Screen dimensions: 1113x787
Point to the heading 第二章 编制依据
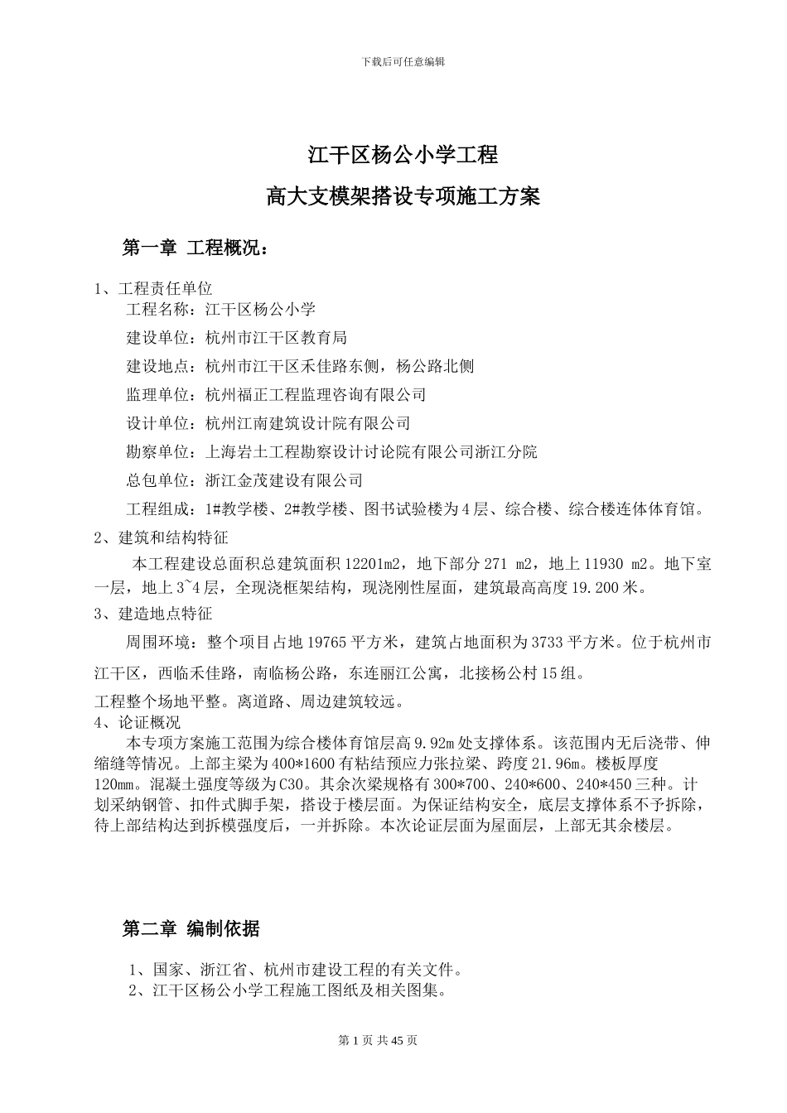point(191,929)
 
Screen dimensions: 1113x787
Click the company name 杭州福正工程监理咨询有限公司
point(316,395)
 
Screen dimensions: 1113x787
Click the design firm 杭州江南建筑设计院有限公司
point(308,423)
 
